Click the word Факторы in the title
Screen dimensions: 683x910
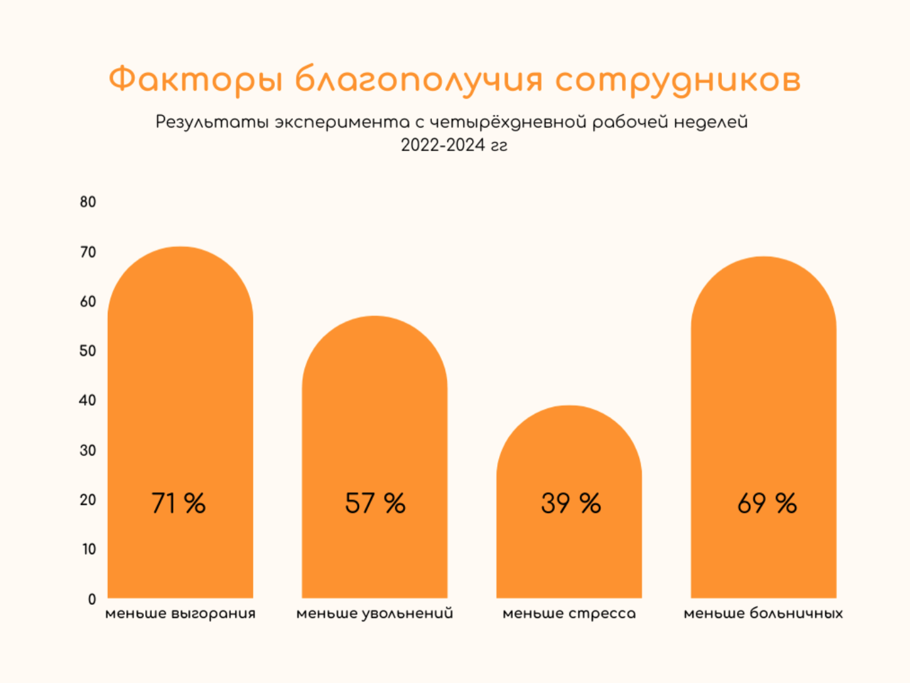pos(195,80)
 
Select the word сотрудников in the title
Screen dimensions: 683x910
pos(678,80)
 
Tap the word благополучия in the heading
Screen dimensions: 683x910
pos(419,80)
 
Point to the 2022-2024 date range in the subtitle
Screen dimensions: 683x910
pos(443,145)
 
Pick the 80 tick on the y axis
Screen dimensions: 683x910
pos(88,202)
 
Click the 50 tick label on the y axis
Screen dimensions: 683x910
pos(88,351)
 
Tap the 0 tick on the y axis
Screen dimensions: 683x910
pos(92,599)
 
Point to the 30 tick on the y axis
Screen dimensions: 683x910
pos(88,451)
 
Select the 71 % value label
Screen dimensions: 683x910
pos(178,504)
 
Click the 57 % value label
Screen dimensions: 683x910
pos(375,504)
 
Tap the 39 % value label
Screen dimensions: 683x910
pos(570,504)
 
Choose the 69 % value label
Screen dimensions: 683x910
pos(766,504)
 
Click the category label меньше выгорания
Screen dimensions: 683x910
pos(180,613)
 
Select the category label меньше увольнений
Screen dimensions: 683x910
pos(375,613)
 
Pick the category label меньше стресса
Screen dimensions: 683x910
pos(569,613)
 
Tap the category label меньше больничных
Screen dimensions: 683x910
pos(763,613)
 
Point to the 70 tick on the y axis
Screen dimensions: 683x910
pos(88,252)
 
